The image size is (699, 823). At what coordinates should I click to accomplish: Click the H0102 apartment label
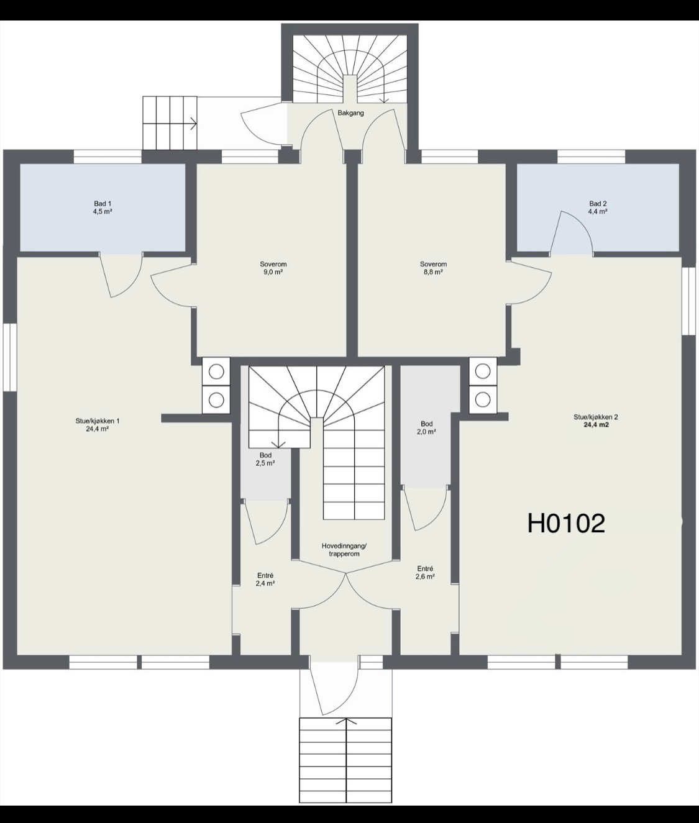(566, 524)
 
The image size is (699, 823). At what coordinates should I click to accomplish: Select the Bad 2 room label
(598, 207)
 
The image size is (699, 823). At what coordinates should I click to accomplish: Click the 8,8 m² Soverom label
(432, 268)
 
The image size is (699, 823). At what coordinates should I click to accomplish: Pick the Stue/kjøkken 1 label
(98, 424)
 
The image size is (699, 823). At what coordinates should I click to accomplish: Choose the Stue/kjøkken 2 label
(595, 421)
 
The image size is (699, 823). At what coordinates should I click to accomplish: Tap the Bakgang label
(350, 114)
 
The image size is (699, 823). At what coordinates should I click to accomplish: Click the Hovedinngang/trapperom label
(344, 550)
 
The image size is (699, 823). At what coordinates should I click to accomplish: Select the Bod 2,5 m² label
(265, 459)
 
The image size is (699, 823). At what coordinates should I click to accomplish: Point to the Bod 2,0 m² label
(427, 427)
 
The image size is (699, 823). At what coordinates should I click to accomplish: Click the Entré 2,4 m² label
(265, 580)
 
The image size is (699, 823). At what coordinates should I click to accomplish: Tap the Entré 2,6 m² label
(425, 572)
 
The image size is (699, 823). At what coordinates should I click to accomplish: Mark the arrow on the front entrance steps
(346, 722)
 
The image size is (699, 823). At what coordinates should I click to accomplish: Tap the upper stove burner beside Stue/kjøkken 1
(216, 372)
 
